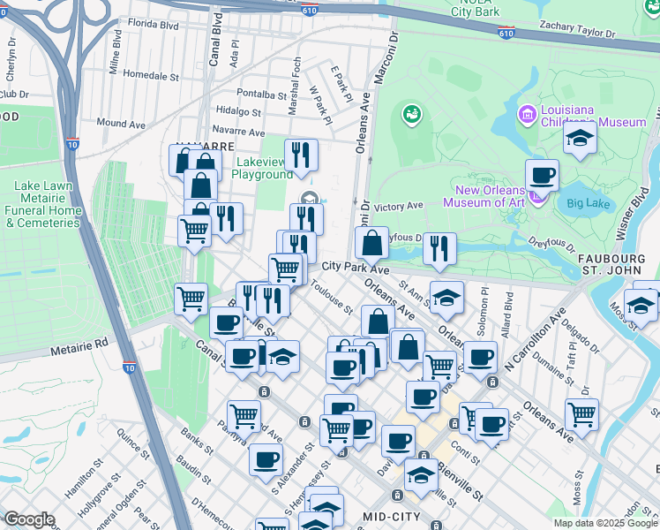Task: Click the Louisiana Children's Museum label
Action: coord(594,115)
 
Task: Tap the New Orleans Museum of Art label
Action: coord(491,196)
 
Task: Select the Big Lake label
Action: coord(587,203)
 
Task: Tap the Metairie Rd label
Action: coord(79,341)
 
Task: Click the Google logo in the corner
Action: coord(29,519)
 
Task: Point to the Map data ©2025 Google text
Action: coord(605,523)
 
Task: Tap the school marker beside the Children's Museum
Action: coord(580,139)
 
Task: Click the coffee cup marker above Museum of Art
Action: coord(542,175)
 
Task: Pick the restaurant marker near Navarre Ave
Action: coord(301,155)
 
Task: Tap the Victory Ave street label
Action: coord(399,205)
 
